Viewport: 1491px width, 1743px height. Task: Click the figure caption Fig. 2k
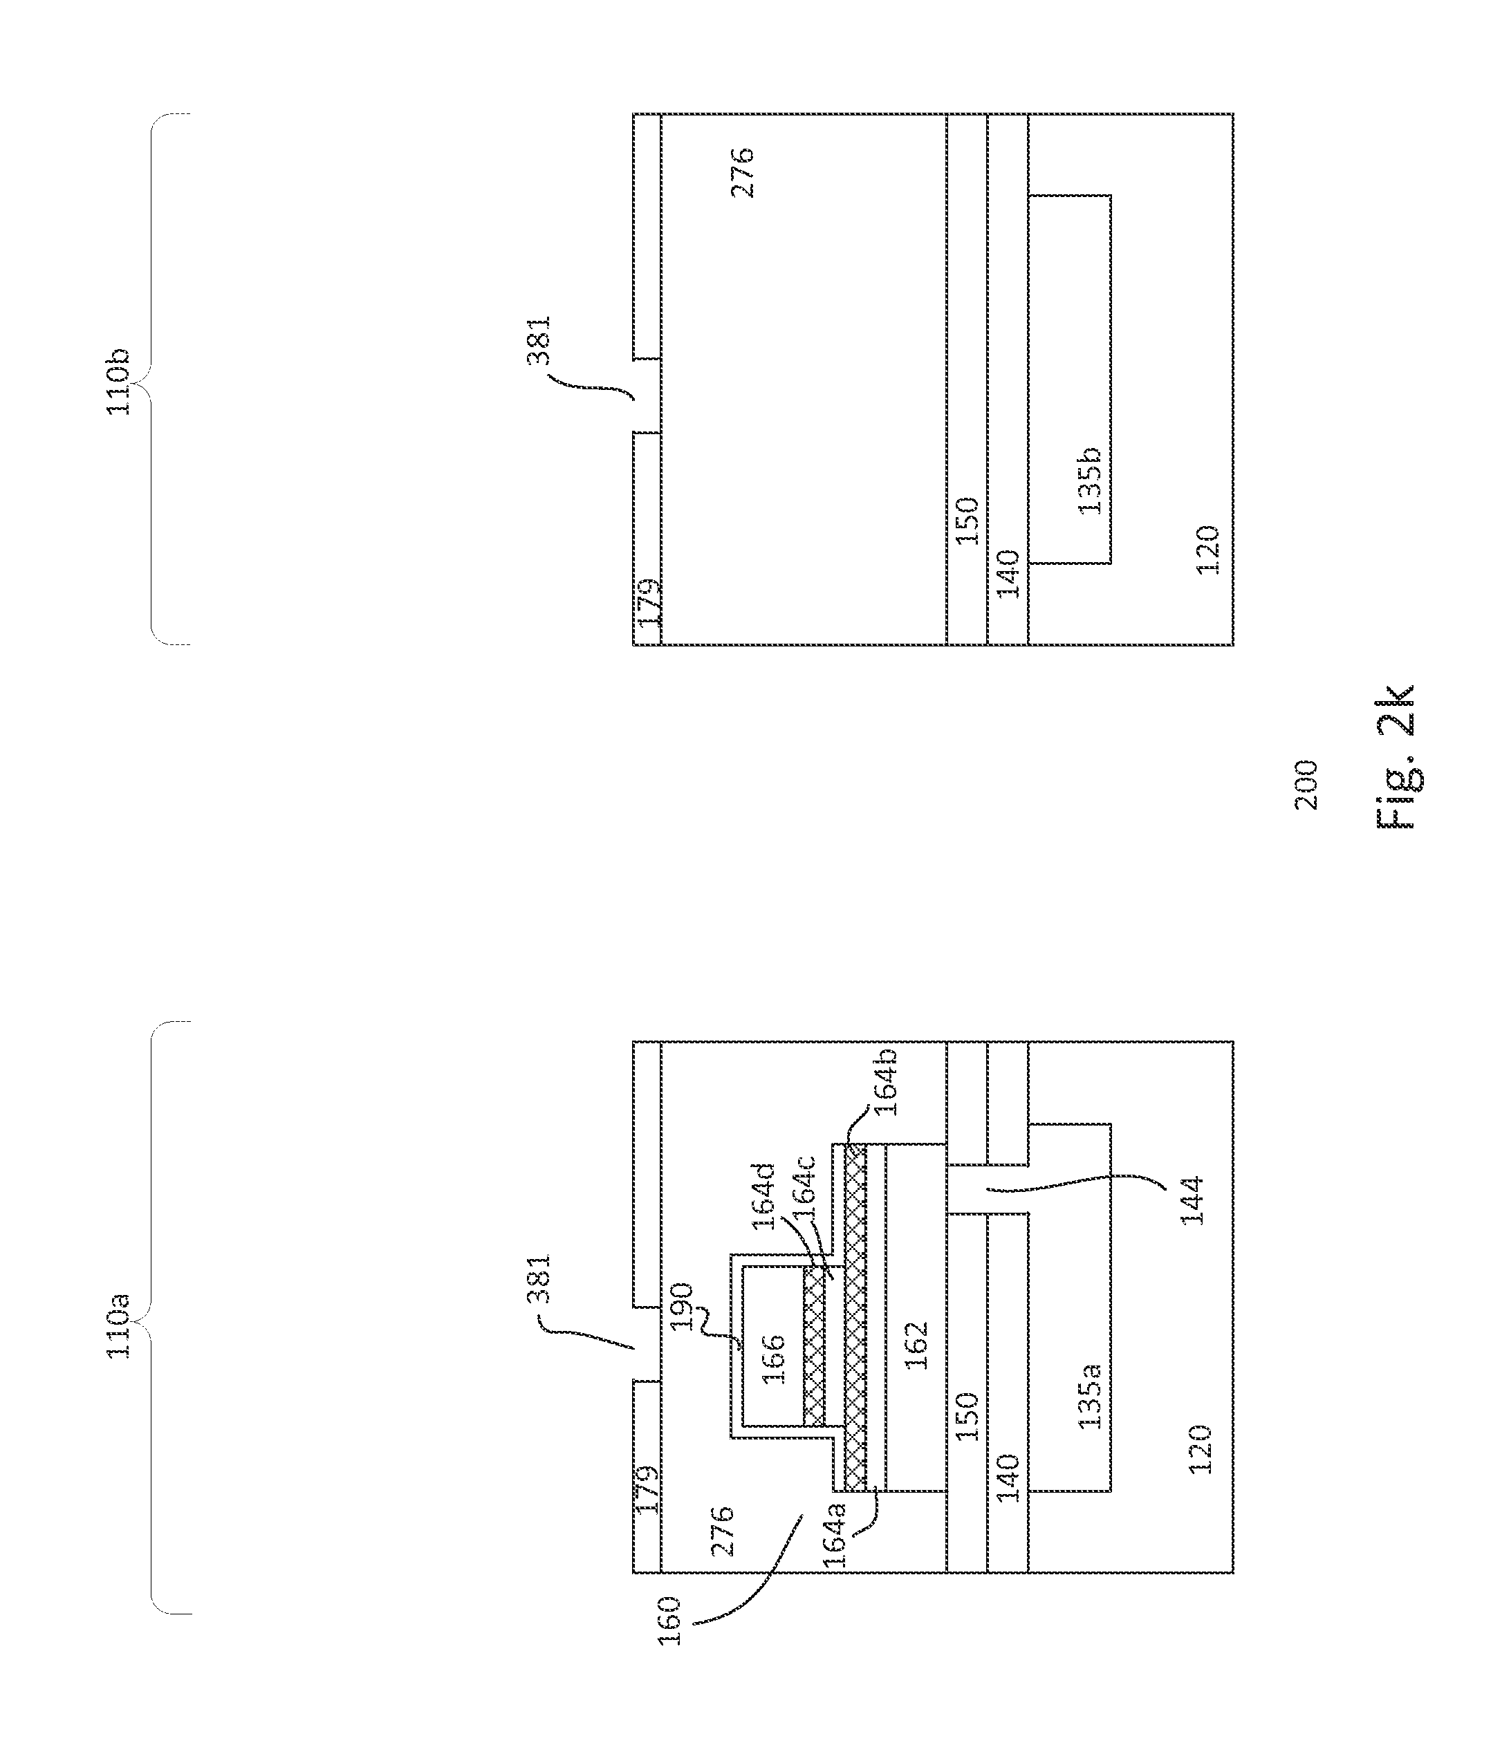[1397, 758]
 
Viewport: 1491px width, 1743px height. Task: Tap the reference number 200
[1306, 784]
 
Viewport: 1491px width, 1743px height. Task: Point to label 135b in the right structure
[1090, 481]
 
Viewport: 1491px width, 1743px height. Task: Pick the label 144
[1193, 1200]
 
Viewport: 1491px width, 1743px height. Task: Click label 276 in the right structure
[742, 172]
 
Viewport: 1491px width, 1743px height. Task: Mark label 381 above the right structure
[539, 340]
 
